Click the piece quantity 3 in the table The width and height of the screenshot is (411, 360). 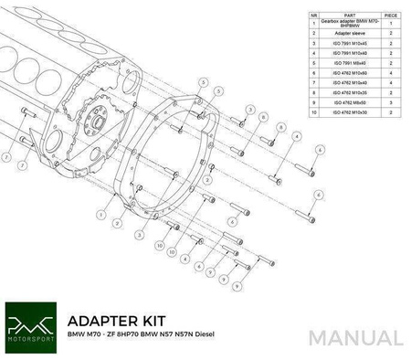pyautogui.click(x=390, y=102)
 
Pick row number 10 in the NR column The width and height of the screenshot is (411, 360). pyautogui.click(x=315, y=112)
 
